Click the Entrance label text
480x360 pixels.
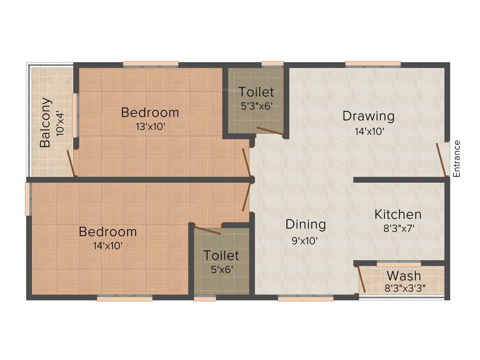[x=457, y=158]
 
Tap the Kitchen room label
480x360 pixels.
[x=398, y=215]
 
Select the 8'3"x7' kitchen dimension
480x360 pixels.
[x=398, y=229]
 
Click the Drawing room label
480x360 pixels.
[x=368, y=115]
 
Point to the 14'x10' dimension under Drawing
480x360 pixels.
[x=369, y=131]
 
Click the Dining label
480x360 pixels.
[x=306, y=225]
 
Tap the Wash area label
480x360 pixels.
[x=404, y=276]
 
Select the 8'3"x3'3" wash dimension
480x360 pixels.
[x=405, y=289]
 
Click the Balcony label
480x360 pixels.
[x=45, y=122]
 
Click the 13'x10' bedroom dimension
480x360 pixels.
[x=150, y=127]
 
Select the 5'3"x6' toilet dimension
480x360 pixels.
[x=256, y=106]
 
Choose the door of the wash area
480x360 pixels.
[x=361, y=279]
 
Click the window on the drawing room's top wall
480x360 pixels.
[x=373, y=64]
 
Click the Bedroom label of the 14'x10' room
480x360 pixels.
[x=108, y=232]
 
